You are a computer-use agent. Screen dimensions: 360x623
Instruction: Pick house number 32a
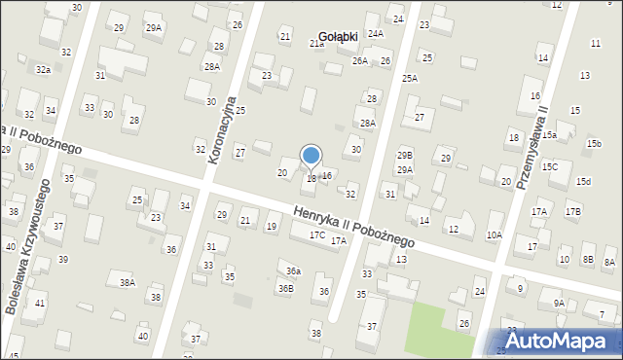tap(43, 70)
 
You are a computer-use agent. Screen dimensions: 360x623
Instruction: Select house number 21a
tap(316, 44)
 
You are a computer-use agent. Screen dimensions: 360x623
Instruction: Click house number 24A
tap(376, 33)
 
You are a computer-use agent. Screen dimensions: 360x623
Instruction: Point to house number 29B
tap(404, 155)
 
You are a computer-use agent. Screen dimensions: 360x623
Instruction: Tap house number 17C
tap(317, 234)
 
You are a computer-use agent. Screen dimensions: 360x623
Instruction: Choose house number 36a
tap(293, 271)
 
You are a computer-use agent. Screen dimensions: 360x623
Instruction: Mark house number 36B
tap(285, 288)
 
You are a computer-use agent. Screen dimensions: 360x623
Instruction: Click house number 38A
tap(128, 282)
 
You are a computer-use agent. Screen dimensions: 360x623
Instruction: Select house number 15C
tap(550, 166)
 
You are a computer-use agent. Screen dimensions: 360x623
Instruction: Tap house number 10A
tap(495, 234)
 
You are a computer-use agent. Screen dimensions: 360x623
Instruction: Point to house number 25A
tap(410, 78)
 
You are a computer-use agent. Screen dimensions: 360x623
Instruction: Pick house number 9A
tap(559, 303)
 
